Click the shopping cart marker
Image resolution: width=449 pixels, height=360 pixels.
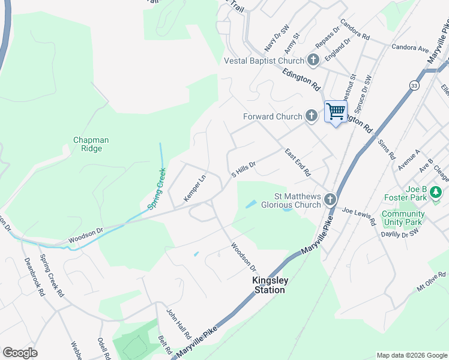tap(336, 111)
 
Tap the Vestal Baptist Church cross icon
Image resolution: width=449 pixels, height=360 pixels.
tap(313, 60)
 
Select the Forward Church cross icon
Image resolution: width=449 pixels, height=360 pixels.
tap(310, 116)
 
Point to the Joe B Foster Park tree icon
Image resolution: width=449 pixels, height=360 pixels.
tap(436, 193)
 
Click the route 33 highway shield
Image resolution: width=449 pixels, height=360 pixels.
tap(415, 86)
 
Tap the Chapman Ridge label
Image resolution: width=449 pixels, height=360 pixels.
tap(91, 144)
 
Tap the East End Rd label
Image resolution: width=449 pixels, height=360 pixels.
tap(298, 162)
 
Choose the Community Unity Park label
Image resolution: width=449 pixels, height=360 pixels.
tap(403, 218)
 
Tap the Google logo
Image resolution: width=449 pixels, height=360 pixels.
tap(20, 353)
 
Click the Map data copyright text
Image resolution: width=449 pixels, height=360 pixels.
tap(411, 355)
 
